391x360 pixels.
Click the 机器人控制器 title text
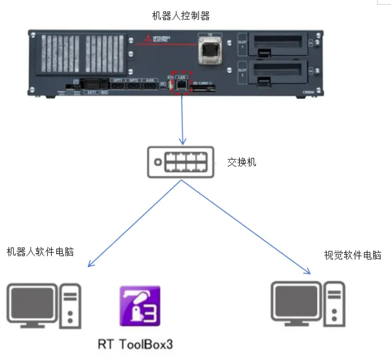[181, 16]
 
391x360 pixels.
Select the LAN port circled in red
[181, 86]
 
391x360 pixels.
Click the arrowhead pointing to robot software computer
[90, 265]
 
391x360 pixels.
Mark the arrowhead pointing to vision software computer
[308, 271]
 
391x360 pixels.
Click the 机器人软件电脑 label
[40, 252]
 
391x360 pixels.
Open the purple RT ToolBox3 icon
[140, 306]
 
